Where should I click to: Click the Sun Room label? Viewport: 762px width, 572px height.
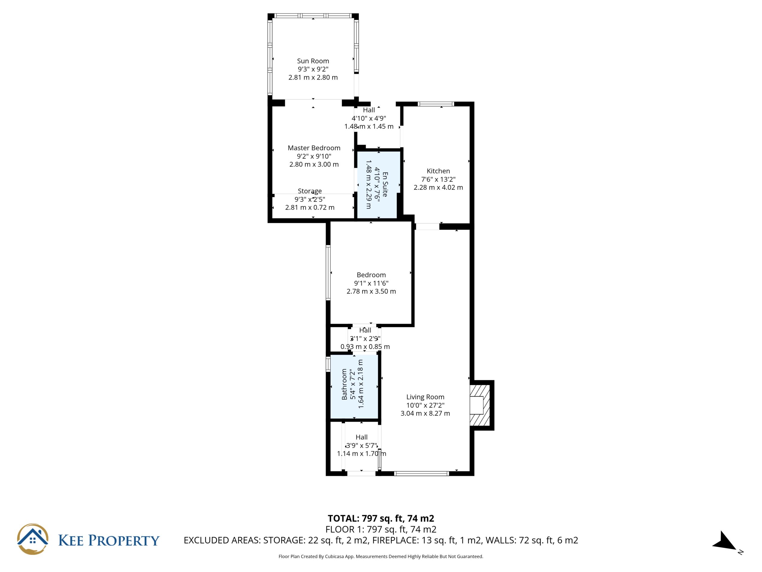[x=313, y=61]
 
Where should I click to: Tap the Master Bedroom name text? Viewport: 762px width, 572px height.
[x=314, y=148]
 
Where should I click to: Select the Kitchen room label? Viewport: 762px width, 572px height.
[x=438, y=171]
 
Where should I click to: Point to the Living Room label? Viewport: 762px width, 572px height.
[x=425, y=397]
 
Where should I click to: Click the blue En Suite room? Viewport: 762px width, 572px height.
[x=379, y=185]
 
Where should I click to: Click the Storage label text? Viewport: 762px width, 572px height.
[x=310, y=191]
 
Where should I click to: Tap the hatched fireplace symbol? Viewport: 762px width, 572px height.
[x=480, y=405]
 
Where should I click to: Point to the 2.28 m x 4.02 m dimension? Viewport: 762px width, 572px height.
[x=438, y=188]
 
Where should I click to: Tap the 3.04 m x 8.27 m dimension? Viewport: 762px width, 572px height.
[x=425, y=414]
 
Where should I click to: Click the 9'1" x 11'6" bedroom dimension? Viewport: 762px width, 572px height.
[x=371, y=283]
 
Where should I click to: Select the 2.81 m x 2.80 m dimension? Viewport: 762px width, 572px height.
[x=313, y=77]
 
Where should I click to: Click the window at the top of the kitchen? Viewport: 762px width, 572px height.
[x=436, y=104]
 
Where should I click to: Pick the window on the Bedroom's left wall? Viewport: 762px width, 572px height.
[x=328, y=272]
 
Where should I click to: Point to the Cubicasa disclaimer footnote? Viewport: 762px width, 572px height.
[x=381, y=557]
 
